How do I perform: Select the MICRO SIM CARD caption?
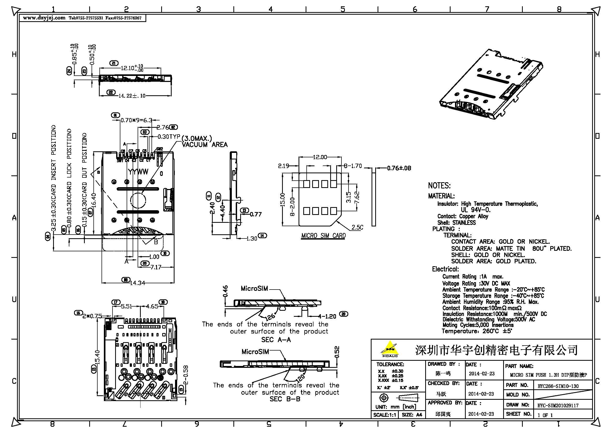pos(323,236)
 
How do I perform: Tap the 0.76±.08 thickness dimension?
pos(399,168)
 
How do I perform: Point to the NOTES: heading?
pos(439,186)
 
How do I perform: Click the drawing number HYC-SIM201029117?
pos(558,406)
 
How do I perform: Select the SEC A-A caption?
pos(276,340)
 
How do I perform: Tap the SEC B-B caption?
pos(285,399)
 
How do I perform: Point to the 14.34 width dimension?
pos(138,283)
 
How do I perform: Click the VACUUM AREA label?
pos(204,145)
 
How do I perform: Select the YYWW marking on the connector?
pos(138,172)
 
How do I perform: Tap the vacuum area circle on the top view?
pos(138,200)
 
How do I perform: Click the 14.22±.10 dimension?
pos(132,96)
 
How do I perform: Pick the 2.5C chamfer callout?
pos(357,227)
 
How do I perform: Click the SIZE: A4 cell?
pos(412,415)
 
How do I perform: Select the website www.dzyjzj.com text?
pos(44,18)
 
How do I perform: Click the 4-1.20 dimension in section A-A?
pos(327,317)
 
